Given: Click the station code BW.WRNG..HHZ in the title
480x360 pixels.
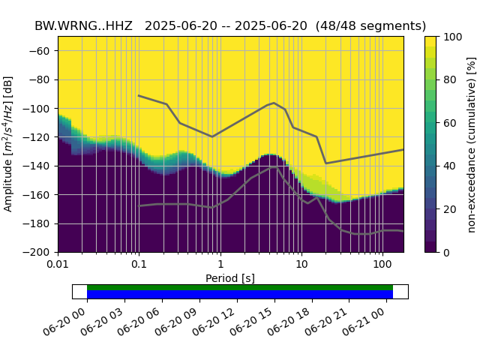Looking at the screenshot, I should coord(85,25).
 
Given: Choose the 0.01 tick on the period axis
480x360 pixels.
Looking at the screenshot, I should coord(58,264).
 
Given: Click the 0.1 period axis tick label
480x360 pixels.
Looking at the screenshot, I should coord(139,264).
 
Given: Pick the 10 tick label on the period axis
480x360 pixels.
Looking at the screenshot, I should coord(301,264).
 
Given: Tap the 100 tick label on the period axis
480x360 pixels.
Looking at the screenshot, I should coord(382,264).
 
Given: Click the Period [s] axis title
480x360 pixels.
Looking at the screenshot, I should coord(230,277).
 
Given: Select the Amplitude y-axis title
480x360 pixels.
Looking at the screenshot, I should coord(9,144).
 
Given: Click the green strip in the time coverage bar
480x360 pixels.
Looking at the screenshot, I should coord(240,287).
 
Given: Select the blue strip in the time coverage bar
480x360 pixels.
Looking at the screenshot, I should coord(240,294).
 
